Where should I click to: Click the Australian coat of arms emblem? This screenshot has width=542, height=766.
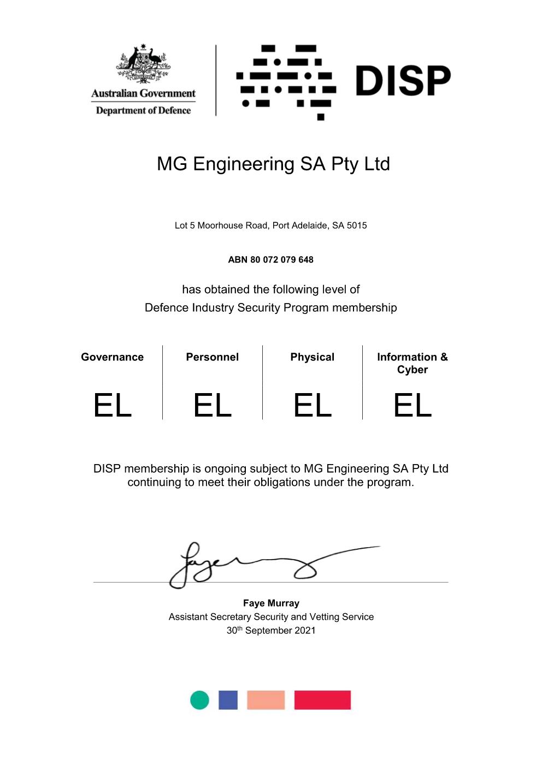143,64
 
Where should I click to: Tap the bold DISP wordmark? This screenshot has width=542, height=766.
403,81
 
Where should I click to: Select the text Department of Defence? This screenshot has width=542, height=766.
143,110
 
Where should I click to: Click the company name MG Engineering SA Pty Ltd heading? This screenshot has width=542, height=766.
273,164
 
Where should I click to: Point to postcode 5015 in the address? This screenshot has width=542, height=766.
357,225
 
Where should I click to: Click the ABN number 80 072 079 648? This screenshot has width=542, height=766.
281,260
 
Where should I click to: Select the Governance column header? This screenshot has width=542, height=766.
112,357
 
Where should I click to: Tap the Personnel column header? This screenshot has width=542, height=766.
212,357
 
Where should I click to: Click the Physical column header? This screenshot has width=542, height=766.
312,357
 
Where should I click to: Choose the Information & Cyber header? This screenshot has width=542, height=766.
412,363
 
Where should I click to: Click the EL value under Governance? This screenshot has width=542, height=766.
113,406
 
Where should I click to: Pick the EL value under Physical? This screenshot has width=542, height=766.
313,406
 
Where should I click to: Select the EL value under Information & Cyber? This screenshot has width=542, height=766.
413,406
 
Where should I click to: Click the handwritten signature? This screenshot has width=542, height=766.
246,565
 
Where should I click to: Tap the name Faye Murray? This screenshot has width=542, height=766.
271,603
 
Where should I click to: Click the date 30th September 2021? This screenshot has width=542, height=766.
271,631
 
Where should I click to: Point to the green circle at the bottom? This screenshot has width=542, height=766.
199,700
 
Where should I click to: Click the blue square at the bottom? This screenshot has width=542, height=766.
228,700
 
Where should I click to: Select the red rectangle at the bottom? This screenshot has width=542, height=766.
322,700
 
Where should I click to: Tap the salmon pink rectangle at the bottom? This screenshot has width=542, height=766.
266,700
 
